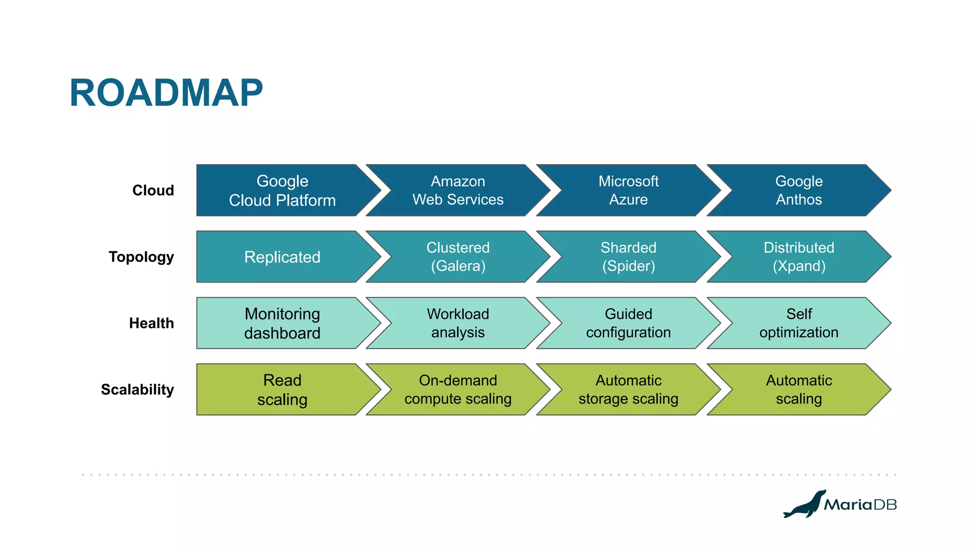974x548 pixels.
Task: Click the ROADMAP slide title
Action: pos(166,93)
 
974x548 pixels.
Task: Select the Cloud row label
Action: pos(153,190)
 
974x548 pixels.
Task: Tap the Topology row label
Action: pos(141,257)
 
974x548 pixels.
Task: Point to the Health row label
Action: pos(151,323)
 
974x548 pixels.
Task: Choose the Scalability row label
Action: pos(137,390)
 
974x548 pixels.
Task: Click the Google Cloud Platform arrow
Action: pos(282,190)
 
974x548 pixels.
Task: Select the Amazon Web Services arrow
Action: pos(458,190)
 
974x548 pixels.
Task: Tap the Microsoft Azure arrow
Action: pos(628,190)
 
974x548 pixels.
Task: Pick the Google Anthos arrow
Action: pos(799,190)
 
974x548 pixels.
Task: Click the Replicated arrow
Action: pos(282,257)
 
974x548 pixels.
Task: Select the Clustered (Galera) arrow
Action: pos(458,257)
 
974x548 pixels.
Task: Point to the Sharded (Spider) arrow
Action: pos(628,257)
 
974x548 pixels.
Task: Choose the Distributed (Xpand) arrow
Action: pos(799,257)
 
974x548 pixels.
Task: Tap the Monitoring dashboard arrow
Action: pos(282,323)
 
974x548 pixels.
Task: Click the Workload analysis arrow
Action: pos(458,323)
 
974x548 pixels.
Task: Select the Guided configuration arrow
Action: pos(628,323)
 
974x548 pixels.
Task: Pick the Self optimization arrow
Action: pos(799,323)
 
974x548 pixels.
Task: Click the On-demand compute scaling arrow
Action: pos(458,390)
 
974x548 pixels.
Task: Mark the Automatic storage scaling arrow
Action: pos(628,390)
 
